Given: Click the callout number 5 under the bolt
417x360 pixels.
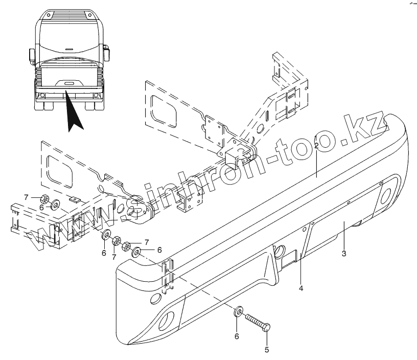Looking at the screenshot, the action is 266,350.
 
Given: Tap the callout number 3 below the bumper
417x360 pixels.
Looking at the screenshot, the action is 344,254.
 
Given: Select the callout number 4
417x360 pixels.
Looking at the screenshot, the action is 301,289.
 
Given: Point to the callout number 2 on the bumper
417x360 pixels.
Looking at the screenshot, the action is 316,146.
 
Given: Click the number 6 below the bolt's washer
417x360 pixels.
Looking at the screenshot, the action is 236,336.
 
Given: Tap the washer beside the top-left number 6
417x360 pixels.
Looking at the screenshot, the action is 54,206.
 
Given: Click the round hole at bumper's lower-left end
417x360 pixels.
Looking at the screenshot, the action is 166,322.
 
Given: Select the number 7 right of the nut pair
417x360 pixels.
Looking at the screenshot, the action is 146,241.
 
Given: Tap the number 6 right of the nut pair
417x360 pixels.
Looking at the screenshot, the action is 159,250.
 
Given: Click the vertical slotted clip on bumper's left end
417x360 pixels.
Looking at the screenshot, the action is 167,277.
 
